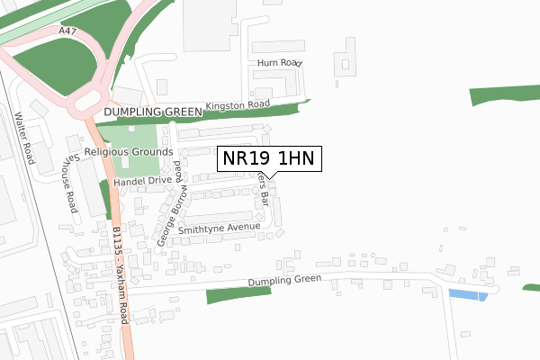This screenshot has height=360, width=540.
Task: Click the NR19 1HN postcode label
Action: pyautogui.click(x=267, y=159)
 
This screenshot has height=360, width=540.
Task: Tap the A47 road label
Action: pyautogui.click(x=66, y=31)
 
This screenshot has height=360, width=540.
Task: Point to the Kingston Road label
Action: pyautogui.click(x=238, y=105)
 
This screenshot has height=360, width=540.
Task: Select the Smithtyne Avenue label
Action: pyautogui.click(x=219, y=229)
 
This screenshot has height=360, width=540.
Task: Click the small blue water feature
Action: pyautogui.click(x=467, y=295)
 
